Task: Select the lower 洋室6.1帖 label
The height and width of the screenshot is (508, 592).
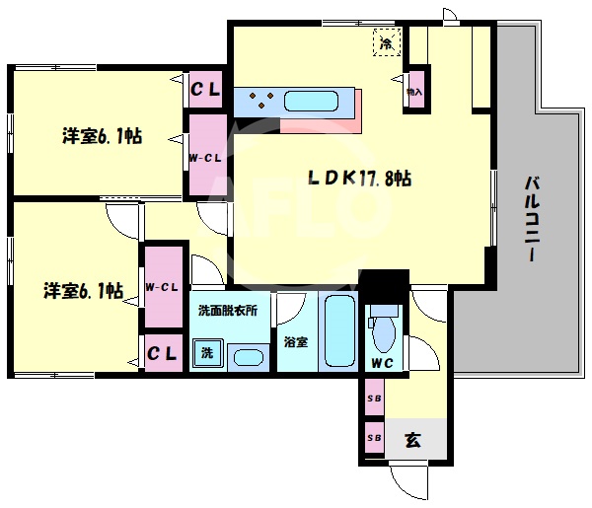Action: (83, 291)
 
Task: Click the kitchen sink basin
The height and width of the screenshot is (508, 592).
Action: (311, 101)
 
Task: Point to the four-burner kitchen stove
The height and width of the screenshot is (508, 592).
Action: (260, 100)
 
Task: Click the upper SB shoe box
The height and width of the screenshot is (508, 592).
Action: (374, 399)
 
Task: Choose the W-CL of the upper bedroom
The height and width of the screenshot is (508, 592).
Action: (206, 157)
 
